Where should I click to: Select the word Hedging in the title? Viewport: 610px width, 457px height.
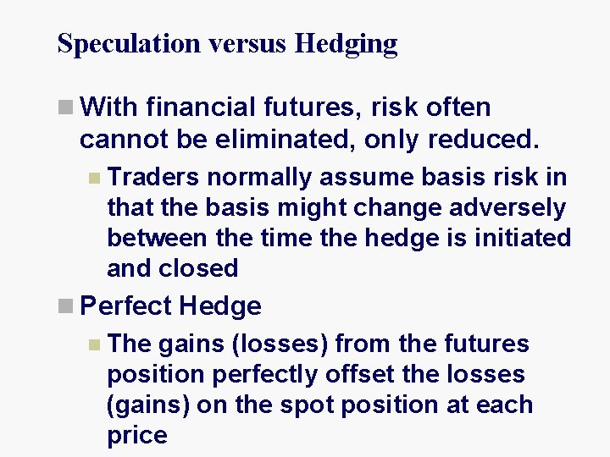coord(346,42)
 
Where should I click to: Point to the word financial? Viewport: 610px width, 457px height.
coord(199,107)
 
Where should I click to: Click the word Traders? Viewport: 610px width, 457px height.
coord(153,178)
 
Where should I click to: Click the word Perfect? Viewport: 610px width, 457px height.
coord(127,306)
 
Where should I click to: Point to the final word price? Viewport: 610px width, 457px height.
coord(137,435)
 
